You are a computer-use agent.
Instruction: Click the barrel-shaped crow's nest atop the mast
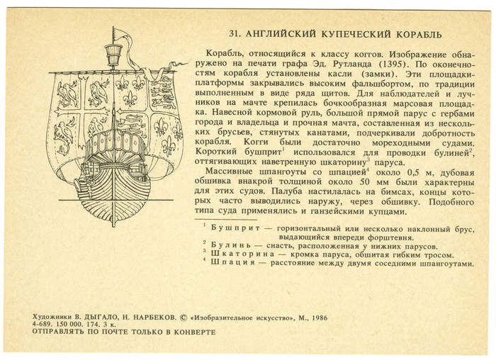[112, 52]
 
